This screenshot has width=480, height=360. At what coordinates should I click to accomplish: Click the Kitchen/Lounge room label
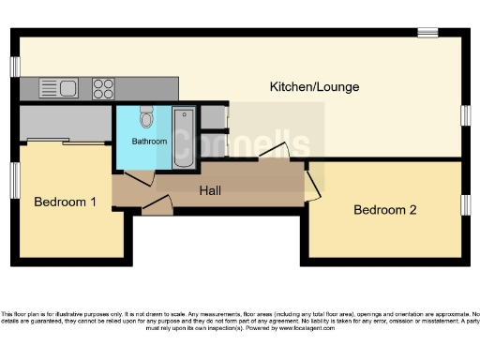pyautogui.click(x=314, y=87)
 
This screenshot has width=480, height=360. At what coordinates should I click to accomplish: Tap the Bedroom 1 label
pyautogui.click(x=66, y=202)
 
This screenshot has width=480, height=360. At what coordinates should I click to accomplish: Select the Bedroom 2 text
pyautogui.click(x=384, y=209)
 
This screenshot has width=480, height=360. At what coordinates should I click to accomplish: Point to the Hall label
pyautogui.click(x=210, y=190)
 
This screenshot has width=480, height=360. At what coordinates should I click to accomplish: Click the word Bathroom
pyautogui.click(x=148, y=142)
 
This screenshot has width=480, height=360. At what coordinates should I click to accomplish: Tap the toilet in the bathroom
pyautogui.click(x=146, y=117)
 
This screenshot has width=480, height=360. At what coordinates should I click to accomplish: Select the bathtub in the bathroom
pyautogui.click(x=184, y=138)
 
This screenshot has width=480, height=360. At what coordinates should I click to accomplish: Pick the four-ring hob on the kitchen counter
pyautogui.click(x=103, y=89)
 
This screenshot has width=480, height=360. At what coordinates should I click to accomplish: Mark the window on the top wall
pyautogui.click(x=427, y=33)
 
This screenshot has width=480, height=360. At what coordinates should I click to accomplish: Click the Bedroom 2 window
pyautogui.click(x=465, y=204)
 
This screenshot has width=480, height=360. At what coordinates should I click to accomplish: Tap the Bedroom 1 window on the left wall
pyautogui.click(x=15, y=180)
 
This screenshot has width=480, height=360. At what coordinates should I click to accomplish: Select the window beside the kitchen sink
pyautogui.click(x=15, y=67)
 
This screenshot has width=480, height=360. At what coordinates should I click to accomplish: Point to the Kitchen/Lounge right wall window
pyautogui.click(x=465, y=114)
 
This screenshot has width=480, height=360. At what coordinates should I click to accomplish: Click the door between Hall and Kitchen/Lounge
pyautogui.click(x=275, y=152)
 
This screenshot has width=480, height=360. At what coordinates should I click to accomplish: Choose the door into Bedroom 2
pyautogui.click(x=311, y=184)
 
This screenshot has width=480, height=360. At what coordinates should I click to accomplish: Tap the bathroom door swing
pyautogui.click(x=138, y=178)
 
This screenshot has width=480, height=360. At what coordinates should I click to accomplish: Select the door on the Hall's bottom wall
pyautogui.click(x=157, y=205)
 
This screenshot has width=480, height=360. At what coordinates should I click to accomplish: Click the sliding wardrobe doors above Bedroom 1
pyautogui.click(x=66, y=142)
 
